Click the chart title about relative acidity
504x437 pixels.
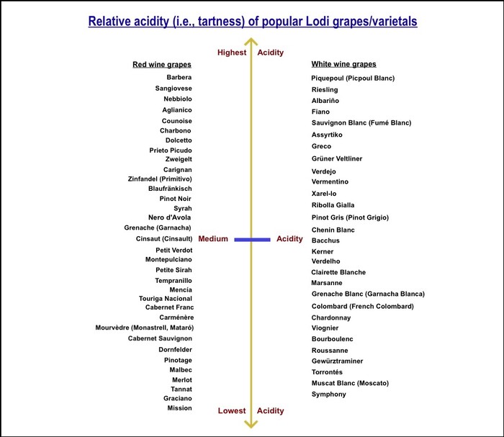[x=253, y=22]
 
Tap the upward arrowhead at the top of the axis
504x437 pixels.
[x=251, y=42]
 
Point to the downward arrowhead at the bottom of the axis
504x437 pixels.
[x=251, y=424]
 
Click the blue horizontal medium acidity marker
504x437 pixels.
[x=252, y=240]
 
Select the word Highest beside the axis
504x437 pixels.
[x=232, y=53]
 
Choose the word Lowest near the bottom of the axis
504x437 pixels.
[x=232, y=410]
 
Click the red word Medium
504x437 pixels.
[x=213, y=239]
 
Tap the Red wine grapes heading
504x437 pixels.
[x=162, y=65]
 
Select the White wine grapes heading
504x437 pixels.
[x=343, y=64]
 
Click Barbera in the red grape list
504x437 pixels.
[x=179, y=77]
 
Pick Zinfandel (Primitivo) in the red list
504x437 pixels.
[x=160, y=179]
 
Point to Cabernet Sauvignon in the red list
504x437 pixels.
[x=160, y=338]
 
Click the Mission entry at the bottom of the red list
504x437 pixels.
[x=179, y=408]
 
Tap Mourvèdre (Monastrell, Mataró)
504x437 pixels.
[x=145, y=328]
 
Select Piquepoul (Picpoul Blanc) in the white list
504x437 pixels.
[x=353, y=78]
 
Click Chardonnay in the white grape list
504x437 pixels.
[x=331, y=317]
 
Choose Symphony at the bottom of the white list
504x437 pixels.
[x=329, y=395]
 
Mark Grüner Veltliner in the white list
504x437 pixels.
[x=337, y=158]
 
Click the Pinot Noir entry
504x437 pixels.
[x=175, y=199]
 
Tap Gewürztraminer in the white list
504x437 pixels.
[x=337, y=361]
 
